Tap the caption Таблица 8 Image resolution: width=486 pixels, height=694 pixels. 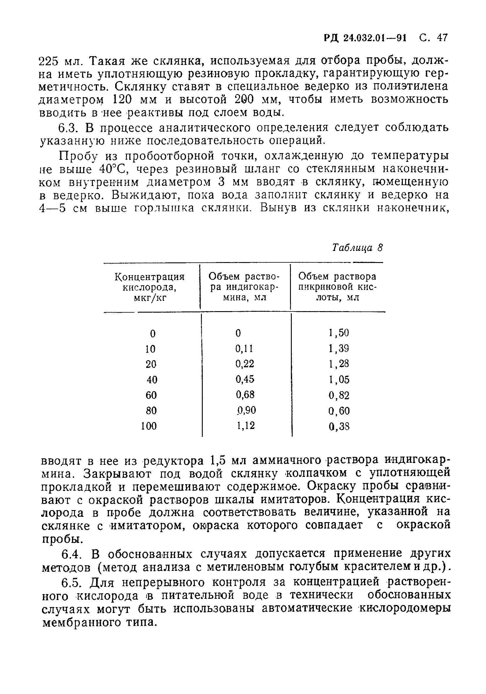[357, 248]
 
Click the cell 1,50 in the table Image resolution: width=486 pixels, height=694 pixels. [338, 333]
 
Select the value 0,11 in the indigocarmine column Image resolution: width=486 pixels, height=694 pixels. [244, 348]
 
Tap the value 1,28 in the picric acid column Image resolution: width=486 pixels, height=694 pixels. [338, 364]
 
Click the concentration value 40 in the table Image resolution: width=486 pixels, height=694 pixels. [152, 380]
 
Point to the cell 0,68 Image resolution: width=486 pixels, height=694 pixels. [245, 395]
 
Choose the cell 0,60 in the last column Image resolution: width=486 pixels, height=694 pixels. [338, 411]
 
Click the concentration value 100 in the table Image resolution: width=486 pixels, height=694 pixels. [149, 426]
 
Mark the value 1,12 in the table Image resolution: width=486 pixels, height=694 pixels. [245, 425]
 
